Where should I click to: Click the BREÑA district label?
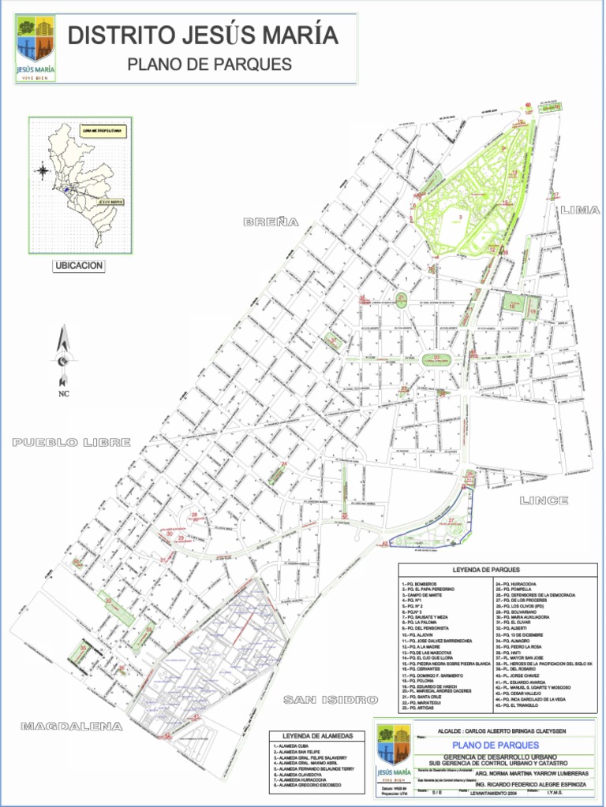point(271,223)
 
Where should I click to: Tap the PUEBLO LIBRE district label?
point(72,443)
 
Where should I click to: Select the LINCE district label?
point(544,500)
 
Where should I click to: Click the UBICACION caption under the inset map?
point(78,266)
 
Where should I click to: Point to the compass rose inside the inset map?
point(42,169)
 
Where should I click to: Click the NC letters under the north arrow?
point(64,394)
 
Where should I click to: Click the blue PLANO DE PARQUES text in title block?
point(496,745)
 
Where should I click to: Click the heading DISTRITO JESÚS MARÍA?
point(203,35)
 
